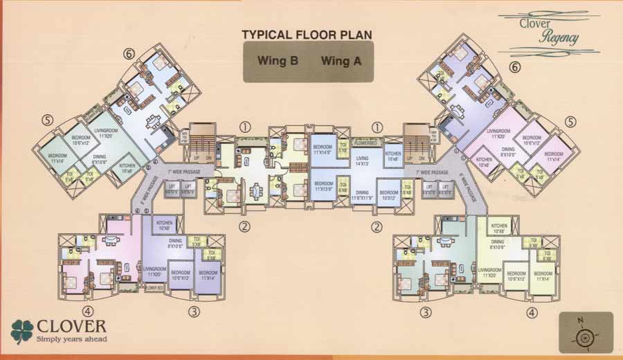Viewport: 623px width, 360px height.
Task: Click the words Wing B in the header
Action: pyautogui.click(x=278, y=61)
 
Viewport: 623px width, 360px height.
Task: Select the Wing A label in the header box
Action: pyautogui.click(x=341, y=61)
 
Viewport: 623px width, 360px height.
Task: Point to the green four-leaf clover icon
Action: pyautogui.click(x=23, y=330)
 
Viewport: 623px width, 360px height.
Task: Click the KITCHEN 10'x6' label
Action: pyautogui.click(x=392, y=157)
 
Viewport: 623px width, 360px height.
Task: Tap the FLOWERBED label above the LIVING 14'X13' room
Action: pyautogui.click(x=364, y=143)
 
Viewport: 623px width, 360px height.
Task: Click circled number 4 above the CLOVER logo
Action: pyautogui.click(x=88, y=311)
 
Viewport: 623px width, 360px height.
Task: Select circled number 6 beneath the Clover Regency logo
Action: pyautogui.click(x=514, y=68)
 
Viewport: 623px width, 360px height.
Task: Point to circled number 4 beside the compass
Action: pyautogui.click(x=531, y=312)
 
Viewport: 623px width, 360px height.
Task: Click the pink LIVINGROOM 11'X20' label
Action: pyautogui.click(x=498, y=133)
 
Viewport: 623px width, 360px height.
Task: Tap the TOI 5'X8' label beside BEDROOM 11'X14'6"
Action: pyautogui.click(x=343, y=150)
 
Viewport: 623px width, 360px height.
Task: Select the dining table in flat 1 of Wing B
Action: pyautogui.click(x=256, y=188)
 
